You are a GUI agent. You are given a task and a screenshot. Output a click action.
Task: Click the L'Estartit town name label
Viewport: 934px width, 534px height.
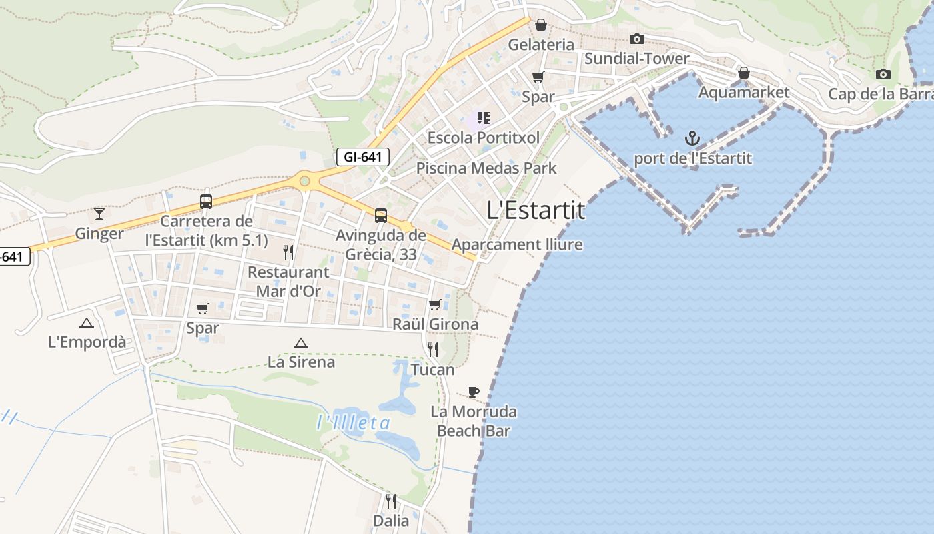pyautogui.click(x=536, y=210)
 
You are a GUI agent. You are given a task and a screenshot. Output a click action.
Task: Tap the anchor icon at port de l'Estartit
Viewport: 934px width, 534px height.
pyautogui.click(x=692, y=139)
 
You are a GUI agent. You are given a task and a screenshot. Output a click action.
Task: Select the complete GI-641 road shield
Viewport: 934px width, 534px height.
pyautogui.click(x=362, y=157)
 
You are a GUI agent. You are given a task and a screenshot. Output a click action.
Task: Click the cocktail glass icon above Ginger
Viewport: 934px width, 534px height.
pyautogui.click(x=99, y=213)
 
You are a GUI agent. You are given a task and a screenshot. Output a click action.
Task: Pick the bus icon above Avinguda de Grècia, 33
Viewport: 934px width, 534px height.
pyautogui.click(x=380, y=215)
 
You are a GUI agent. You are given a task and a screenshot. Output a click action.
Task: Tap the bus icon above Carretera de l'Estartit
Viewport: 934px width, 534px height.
pyautogui.click(x=206, y=201)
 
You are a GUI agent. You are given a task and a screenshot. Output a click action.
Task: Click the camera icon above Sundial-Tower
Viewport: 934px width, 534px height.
pyautogui.click(x=637, y=39)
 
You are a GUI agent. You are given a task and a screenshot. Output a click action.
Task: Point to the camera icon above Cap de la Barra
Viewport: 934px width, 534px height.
pyautogui.click(x=883, y=74)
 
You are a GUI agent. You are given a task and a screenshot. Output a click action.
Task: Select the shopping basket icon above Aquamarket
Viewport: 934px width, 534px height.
pyautogui.click(x=743, y=73)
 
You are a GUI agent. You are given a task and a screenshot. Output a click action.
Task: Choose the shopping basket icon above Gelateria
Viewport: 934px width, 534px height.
pyautogui.click(x=541, y=25)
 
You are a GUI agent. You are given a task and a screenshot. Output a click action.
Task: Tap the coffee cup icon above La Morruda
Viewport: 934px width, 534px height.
pyautogui.click(x=473, y=392)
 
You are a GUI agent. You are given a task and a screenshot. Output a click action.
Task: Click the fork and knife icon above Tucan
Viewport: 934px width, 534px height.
pyautogui.click(x=433, y=349)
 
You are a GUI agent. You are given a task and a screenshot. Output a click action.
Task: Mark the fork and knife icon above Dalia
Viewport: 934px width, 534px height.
pyautogui.click(x=391, y=501)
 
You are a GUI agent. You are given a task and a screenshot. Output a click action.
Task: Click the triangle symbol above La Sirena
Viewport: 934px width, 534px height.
pyautogui.click(x=300, y=343)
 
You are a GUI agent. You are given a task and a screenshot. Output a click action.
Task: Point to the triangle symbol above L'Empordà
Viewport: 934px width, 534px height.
pyautogui.click(x=86, y=324)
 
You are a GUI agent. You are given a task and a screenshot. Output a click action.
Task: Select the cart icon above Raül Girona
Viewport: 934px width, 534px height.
pyautogui.click(x=435, y=304)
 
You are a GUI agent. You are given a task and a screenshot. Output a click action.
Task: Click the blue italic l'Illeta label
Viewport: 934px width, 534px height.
pyautogui.click(x=353, y=423)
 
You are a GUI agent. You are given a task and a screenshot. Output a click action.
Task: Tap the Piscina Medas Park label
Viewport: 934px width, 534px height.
pyautogui.click(x=486, y=168)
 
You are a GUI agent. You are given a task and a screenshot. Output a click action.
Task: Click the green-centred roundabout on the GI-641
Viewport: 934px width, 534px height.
pyautogui.click(x=305, y=180)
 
